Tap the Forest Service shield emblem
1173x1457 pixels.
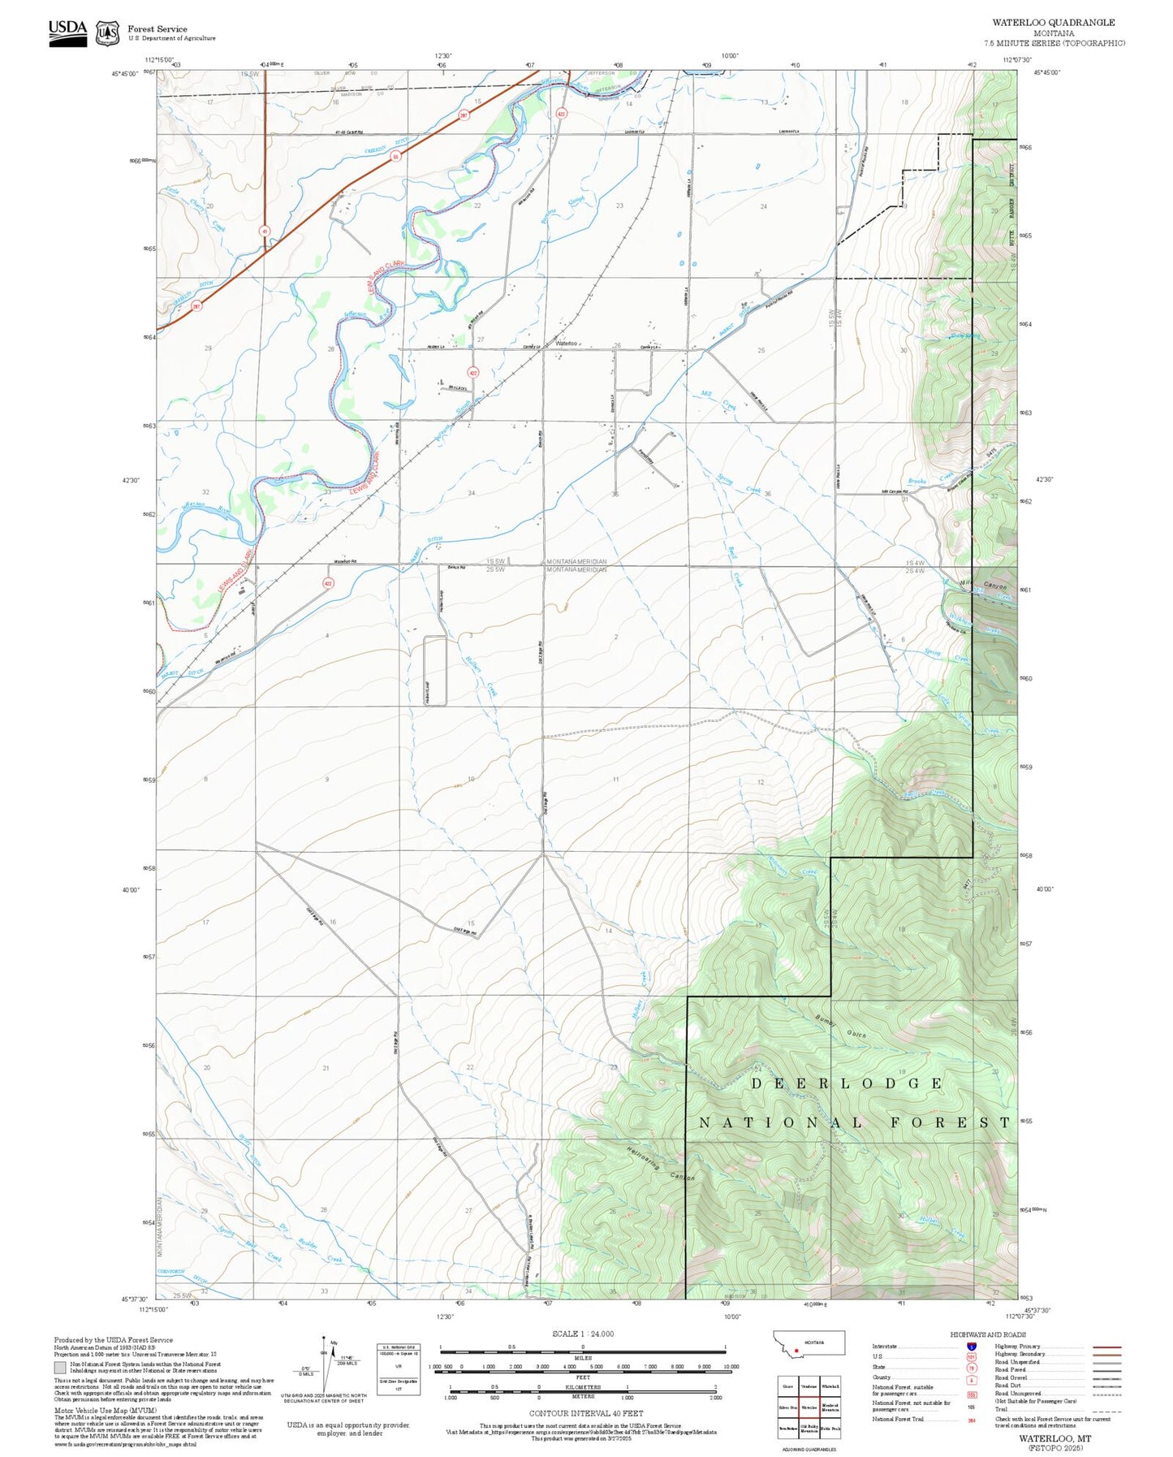click(x=107, y=33)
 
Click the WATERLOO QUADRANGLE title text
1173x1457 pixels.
click(x=1053, y=23)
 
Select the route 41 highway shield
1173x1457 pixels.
click(x=265, y=231)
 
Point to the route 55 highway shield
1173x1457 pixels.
click(x=395, y=157)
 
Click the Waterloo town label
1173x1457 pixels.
click(x=566, y=344)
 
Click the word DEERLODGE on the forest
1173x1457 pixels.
click(x=846, y=1083)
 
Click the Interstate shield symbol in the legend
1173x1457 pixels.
click(x=971, y=1347)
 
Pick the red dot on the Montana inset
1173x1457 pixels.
click(x=797, y=1351)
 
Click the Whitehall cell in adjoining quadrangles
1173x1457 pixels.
click(x=830, y=1386)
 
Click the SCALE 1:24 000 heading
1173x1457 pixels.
click(x=582, y=1334)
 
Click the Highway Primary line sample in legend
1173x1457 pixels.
click(x=1106, y=1347)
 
